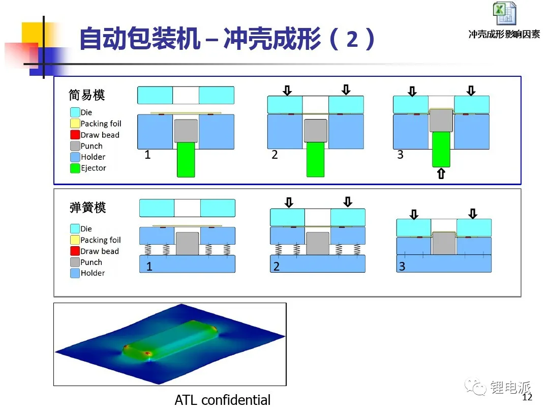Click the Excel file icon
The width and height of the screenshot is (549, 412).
(504, 13)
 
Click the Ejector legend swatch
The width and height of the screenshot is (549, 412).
(75, 168)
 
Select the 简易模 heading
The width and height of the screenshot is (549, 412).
(87, 95)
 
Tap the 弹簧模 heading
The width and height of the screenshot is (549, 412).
(87, 208)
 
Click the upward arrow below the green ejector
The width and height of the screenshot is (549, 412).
(441, 173)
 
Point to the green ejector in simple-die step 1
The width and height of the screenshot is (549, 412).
(186, 159)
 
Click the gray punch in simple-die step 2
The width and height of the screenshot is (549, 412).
(316, 131)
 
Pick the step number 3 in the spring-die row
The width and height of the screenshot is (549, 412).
(402, 266)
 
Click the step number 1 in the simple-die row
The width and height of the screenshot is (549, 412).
(147, 155)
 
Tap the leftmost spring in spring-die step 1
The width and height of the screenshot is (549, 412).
(148, 249)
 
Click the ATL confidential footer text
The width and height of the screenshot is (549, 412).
(223, 400)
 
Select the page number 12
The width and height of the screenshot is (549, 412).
(527, 397)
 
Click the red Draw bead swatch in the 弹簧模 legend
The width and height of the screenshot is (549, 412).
(75, 251)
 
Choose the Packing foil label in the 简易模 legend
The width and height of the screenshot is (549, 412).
(101, 124)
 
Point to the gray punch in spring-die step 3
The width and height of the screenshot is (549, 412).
(444, 243)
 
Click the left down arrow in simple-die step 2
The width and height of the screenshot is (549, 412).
(287, 91)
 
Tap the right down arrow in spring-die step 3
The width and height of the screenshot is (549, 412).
(473, 214)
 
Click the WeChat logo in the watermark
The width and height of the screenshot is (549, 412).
(475, 387)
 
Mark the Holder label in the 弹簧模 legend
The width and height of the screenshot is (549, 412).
(93, 273)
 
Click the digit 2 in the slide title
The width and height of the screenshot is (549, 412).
(353, 39)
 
